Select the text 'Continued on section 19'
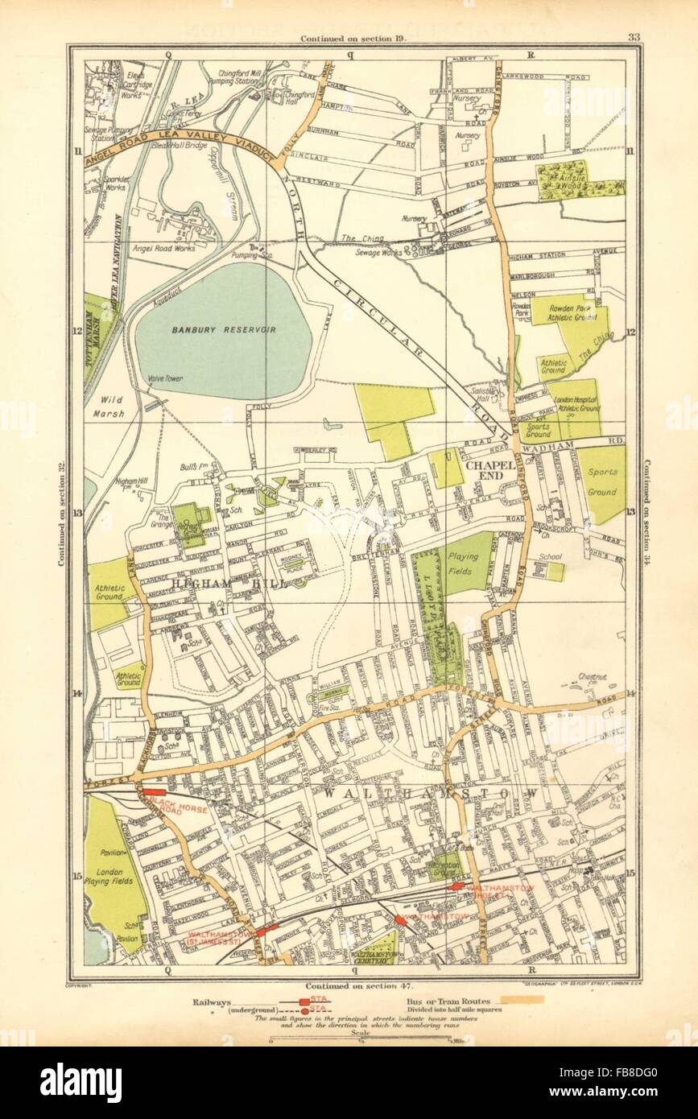353,38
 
